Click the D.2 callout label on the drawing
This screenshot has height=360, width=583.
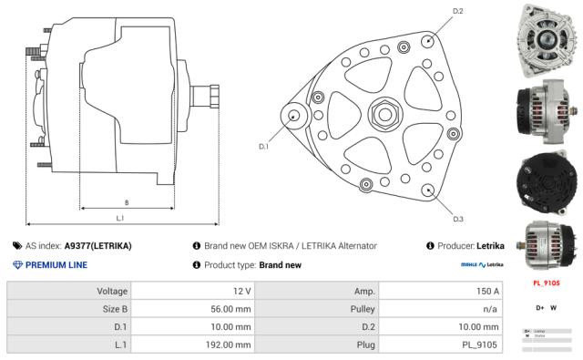457,11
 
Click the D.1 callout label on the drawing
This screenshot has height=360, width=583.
263,146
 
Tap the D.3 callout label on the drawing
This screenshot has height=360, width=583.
458,219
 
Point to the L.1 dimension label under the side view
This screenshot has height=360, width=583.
120,218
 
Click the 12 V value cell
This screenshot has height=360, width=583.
240,291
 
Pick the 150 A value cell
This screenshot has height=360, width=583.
488,291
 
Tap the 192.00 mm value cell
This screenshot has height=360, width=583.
228,345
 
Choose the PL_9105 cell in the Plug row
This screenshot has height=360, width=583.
481,345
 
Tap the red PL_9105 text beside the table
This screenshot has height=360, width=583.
546,283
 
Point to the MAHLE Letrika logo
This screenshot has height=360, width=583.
482,265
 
